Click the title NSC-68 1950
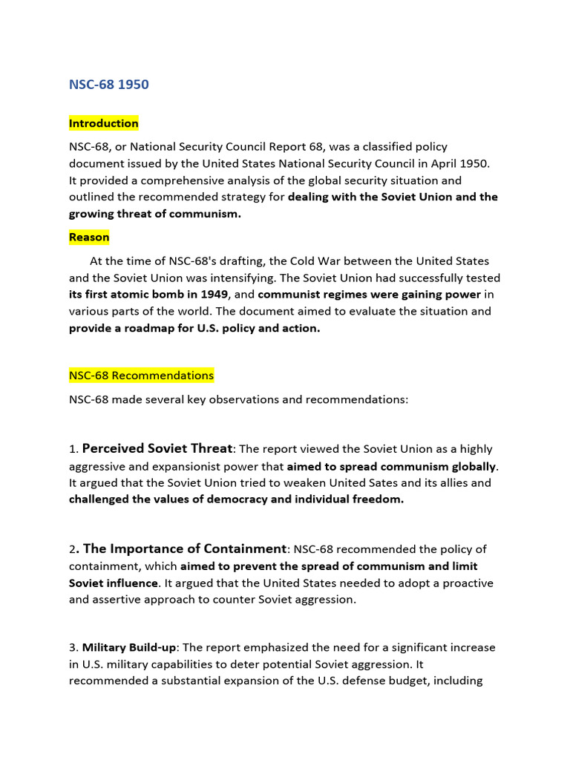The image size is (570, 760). click(108, 85)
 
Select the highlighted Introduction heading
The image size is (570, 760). click(104, 123)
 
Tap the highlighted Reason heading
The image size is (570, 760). click(89, 237)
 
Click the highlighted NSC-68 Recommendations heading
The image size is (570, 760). click(141, 376)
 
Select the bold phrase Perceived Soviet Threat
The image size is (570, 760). click(157, 448)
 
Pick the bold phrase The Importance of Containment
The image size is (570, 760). click(185, 549)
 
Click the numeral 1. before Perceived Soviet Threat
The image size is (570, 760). click(73, 450)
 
